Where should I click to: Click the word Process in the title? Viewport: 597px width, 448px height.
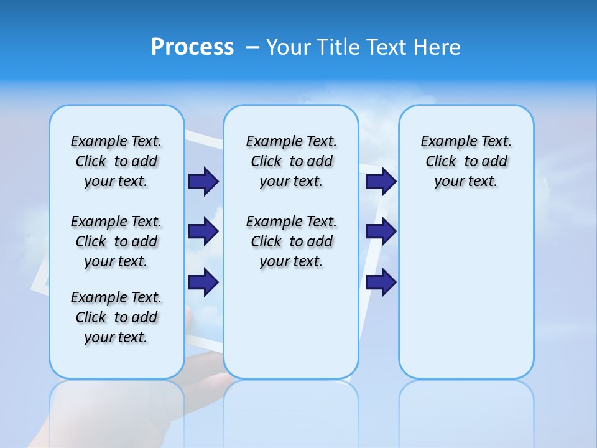[x=192, y=47]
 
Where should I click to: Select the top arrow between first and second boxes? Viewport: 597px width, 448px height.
[x=203, y=182]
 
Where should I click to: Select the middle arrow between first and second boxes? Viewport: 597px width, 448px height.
[x=203, y=232]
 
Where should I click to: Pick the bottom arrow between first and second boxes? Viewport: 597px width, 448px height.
[x=203, y=282]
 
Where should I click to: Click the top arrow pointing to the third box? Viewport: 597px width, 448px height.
[x=381, y=182]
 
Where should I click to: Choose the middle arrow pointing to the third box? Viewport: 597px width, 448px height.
[x=381, y=231]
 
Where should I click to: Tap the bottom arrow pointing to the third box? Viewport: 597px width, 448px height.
[x=381, y=282]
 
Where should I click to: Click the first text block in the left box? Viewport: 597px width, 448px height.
[x=116, y=161]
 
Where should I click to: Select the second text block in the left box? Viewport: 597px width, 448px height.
[x=116, y=241]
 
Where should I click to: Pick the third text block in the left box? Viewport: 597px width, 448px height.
[x=116, y=317]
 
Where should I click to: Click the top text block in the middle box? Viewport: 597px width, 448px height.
[x=291, y=161]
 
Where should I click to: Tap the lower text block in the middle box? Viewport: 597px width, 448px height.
[x=291, y=241]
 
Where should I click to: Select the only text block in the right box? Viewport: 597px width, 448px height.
[x=466, y=161]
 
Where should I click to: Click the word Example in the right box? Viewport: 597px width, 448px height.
[x=444, y=142]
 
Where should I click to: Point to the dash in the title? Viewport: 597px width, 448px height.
[x=253, y=47]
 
